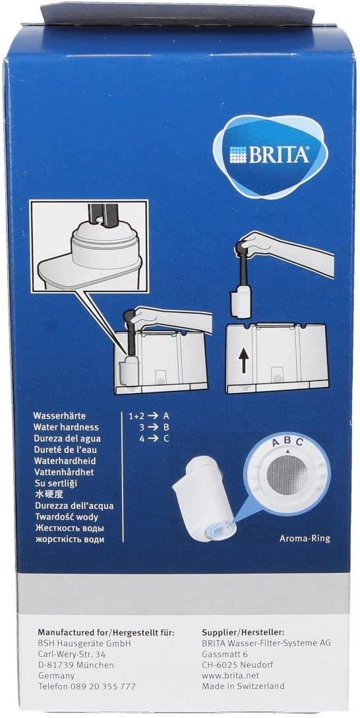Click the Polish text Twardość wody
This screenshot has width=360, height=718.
pos(63,517)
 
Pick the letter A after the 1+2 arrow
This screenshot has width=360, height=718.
pos(166,416)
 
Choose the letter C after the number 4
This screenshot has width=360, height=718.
pos(166,438)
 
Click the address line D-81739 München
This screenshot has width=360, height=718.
pos(76,665)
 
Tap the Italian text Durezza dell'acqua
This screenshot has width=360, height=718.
pos(73,506)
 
